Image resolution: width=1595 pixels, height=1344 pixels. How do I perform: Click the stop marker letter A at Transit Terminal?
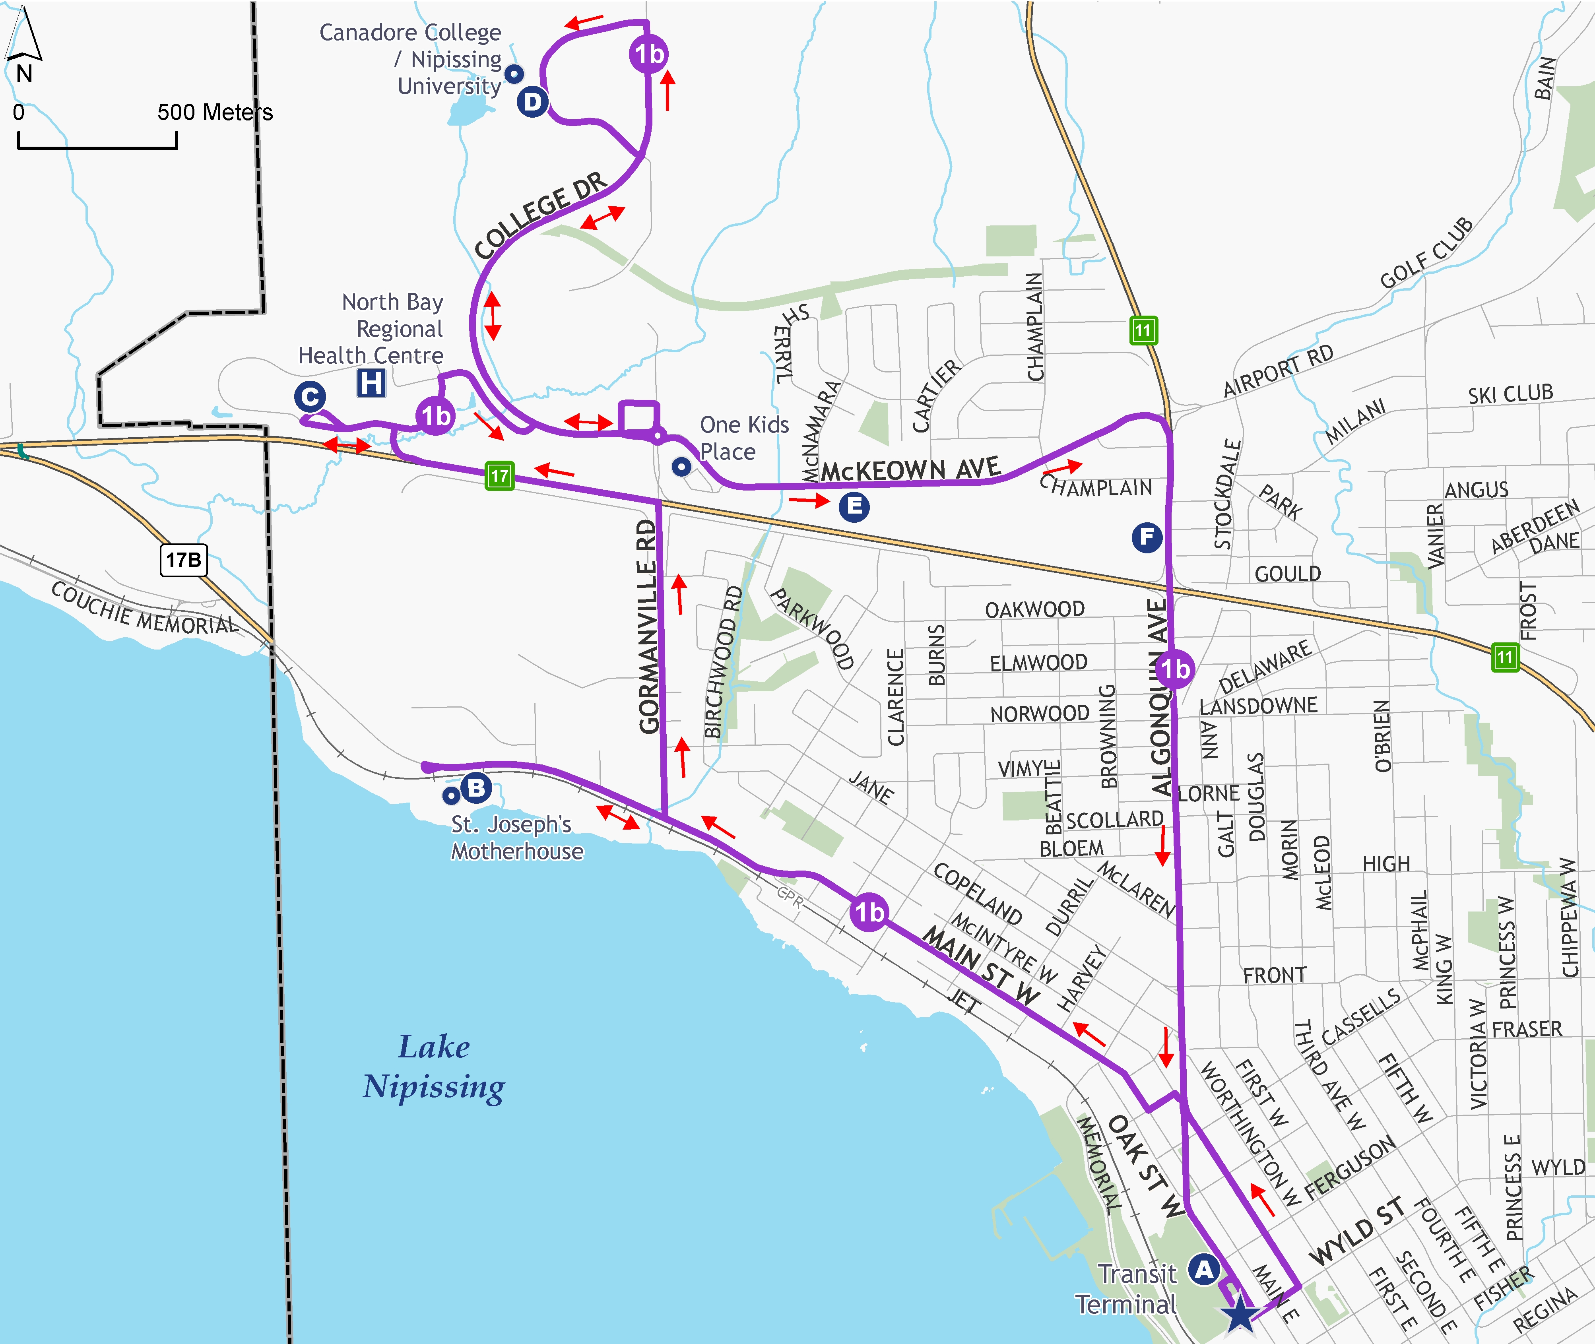[1203, 1269]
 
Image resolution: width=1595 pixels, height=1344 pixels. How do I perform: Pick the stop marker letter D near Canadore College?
[532, 102]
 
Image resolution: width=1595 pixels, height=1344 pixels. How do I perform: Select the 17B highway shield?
[184, 560]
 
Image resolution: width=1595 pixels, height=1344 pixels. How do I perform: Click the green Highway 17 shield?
[499, 476]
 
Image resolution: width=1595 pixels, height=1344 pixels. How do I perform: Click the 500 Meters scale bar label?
[215, 113]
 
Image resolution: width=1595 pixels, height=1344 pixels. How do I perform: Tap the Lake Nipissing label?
[434, 1067]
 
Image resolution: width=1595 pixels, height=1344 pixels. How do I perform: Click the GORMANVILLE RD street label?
[648, 626]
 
